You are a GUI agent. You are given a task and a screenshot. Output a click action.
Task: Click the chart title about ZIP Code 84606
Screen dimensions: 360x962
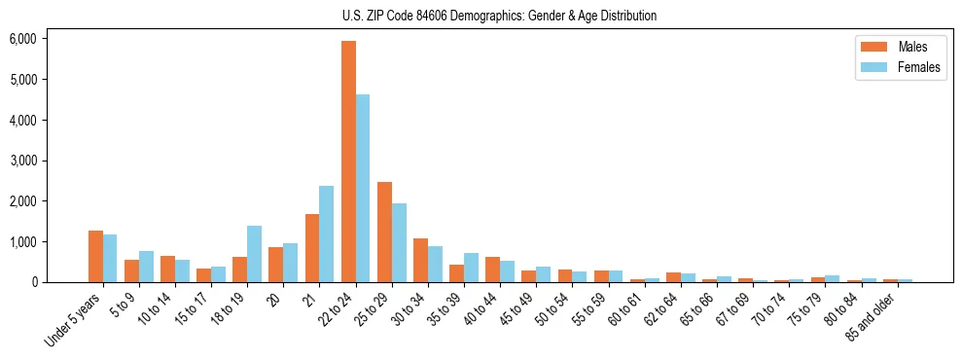499,16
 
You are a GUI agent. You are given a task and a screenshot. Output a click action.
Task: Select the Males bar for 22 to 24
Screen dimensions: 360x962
348,162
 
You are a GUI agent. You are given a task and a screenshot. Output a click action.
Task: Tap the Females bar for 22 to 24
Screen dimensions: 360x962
363,188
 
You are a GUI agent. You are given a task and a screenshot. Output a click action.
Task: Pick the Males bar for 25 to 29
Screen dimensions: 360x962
384,232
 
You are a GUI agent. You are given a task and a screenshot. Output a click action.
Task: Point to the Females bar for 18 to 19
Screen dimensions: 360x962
254,254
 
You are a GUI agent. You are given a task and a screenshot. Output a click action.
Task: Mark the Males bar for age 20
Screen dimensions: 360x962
276,265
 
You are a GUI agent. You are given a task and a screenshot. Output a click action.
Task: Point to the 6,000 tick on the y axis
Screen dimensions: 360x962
22,39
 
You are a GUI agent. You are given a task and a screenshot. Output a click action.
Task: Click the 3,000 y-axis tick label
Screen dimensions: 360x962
22,161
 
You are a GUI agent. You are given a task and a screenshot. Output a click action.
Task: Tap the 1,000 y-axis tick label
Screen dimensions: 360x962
22,241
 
